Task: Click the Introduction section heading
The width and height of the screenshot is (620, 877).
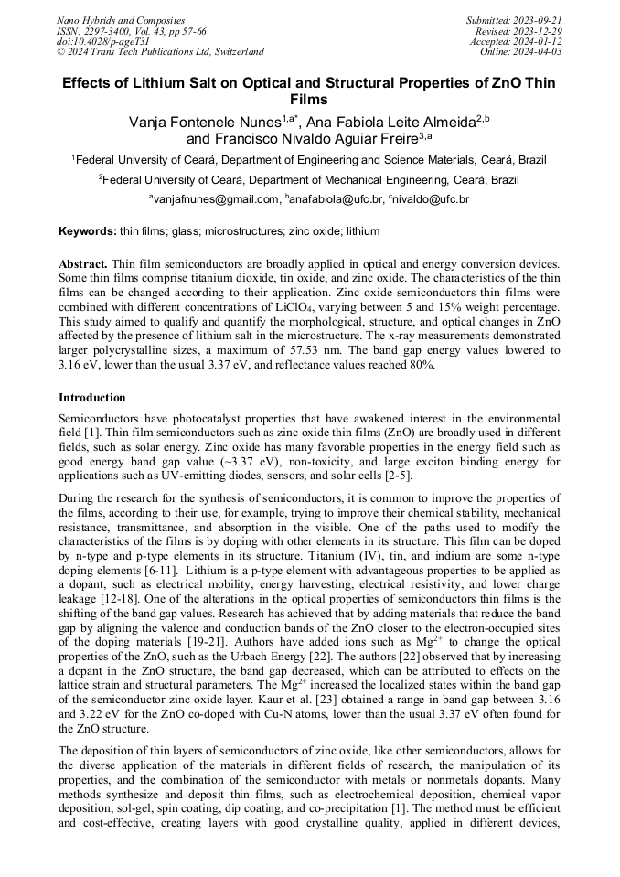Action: click(x=92, y=398)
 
